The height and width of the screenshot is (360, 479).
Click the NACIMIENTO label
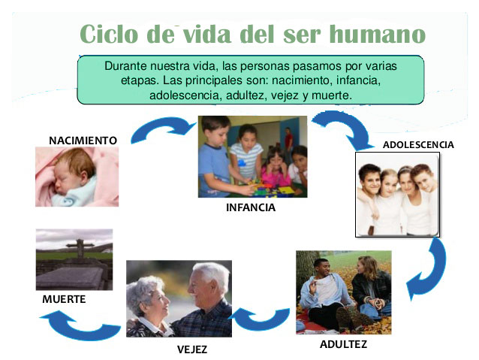[x=83, y=141]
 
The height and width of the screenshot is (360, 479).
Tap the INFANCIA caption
[x=251, y=207]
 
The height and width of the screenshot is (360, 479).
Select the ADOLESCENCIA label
[x=418, y=144]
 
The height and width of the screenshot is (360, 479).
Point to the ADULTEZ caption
[x=343, y=344]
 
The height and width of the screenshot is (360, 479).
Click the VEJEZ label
[x=192, y=349]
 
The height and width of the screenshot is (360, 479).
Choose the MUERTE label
[x=64, y=299]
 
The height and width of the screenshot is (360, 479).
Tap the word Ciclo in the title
[x=109, y=34]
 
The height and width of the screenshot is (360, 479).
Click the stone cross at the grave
[x=80, y=247]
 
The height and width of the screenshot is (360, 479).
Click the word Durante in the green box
[x=125, y=66]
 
